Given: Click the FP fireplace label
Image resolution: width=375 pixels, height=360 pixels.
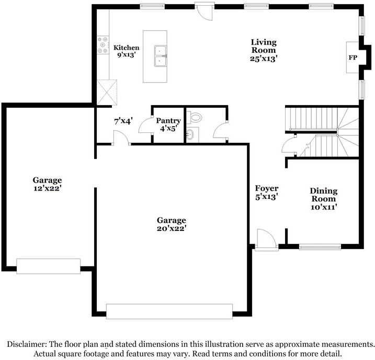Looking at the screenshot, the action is coord(353,58).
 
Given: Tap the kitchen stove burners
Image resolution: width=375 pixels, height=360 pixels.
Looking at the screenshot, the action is coord(103,44).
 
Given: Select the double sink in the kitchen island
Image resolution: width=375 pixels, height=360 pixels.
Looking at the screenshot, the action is coord(160,56).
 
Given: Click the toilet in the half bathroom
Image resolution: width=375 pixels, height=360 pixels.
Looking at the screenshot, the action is coord(194,117).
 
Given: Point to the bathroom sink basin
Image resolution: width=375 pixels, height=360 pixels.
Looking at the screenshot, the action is coord(190,134).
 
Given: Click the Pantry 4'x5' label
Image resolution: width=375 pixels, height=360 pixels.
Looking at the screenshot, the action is coord(168,125).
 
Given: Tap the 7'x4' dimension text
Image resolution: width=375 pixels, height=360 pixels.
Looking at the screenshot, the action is coord(123,121).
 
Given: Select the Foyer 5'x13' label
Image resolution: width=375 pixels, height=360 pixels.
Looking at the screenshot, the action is coord(266,193).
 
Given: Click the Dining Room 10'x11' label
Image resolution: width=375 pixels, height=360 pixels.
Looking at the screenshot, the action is coord(324,198).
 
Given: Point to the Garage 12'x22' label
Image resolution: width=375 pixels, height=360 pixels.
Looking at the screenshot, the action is coord(48,184).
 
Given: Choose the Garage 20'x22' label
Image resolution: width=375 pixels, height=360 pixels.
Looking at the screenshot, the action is coord(172,224).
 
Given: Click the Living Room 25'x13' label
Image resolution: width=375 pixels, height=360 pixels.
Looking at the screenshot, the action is coord(264,50).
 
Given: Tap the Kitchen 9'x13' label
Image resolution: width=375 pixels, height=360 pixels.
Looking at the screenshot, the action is coord(126,51).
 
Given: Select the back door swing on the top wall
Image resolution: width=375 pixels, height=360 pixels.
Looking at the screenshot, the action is coord(203,11).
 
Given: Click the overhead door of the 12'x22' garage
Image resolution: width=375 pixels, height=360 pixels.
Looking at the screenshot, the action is coord(48,266).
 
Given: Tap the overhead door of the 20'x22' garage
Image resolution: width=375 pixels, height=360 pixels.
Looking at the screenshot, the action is coord(169,311).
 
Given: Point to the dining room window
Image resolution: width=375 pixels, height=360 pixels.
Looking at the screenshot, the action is coord(320,246).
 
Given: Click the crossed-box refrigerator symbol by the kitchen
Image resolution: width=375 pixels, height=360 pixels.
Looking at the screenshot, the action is coord(107,92).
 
